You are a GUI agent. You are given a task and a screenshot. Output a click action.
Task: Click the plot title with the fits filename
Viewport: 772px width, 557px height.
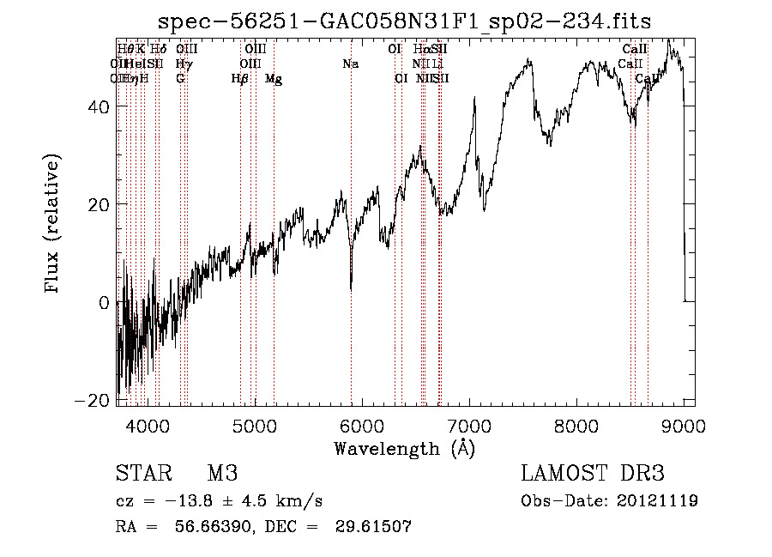(x=406, y=21)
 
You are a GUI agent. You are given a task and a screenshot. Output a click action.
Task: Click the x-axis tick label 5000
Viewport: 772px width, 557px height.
(x=254, y=426)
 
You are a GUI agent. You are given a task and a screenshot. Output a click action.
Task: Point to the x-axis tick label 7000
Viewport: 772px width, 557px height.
(x=469, y=426)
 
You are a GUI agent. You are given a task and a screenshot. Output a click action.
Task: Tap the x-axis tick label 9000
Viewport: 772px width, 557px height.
(x=684, y=426)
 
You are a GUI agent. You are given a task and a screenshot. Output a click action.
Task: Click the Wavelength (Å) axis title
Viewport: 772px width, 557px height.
(x=404, y=448)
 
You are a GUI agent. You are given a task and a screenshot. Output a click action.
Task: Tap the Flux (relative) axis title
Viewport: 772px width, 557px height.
(x=53, y=226)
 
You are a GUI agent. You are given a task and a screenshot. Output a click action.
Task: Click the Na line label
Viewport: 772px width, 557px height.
(x=350, y=64)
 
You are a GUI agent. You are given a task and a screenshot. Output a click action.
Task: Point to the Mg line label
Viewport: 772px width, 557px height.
(x=274, y=79)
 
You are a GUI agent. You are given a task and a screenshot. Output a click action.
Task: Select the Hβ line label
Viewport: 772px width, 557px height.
(x=240, y=79)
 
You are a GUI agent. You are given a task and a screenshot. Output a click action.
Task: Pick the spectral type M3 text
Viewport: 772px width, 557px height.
(x=221, y=474)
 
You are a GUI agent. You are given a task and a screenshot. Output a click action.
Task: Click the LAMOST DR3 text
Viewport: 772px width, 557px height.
(x=592, y=474)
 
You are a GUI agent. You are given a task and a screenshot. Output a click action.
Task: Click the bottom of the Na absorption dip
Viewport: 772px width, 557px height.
(x=351, y=289)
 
